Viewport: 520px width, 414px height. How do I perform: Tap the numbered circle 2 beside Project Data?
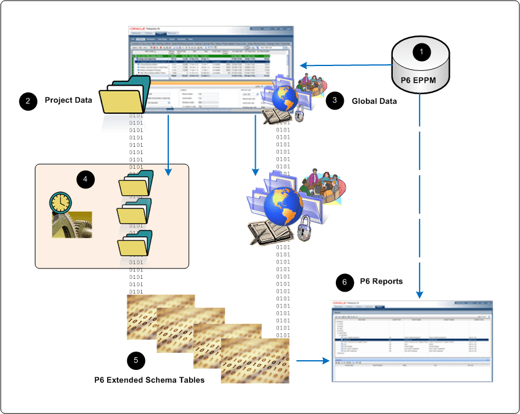tap(27, 101)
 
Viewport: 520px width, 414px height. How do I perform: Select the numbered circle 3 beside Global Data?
tap(334, 102)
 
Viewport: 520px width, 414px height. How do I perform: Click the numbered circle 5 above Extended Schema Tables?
tap(136, 360)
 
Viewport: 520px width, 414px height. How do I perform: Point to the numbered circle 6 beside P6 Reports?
tap(345, 282)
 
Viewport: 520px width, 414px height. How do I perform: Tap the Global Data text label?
tap(374, 102)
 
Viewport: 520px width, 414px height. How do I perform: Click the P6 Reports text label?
tap(382, 281)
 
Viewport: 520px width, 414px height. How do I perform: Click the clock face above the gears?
tap(61, 201)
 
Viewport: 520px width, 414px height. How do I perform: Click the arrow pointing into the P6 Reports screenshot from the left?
tap(310, 361)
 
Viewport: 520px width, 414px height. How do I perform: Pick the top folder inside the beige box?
tap(133, 183)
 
